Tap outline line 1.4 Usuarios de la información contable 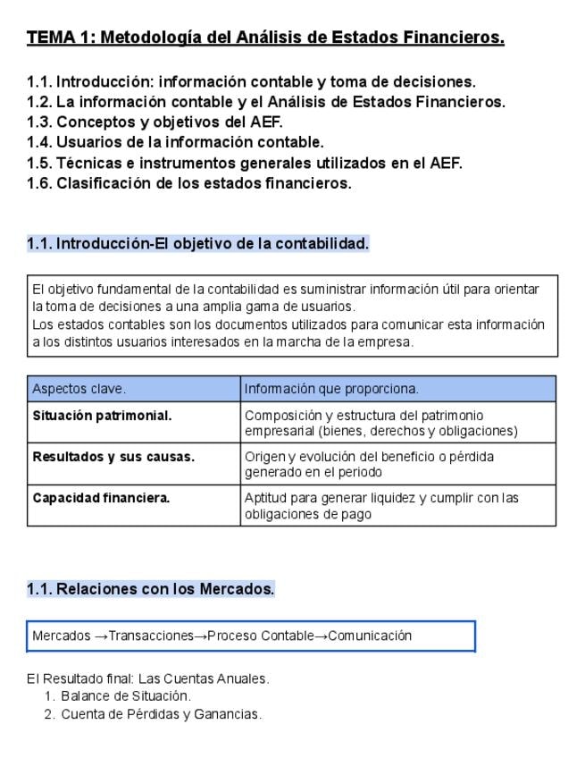[x=175, y=142]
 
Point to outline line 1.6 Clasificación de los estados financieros [x=189, y=183]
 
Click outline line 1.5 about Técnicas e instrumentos [x=245, y=163]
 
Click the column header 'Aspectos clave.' [x=79, y=389]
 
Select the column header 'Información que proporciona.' [x=331, y=389]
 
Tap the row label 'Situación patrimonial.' [x=102, y=416]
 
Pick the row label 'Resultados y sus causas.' [x=113, y=457]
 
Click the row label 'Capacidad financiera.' [x=101, y=498]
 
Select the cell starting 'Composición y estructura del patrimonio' [x=380, y=423]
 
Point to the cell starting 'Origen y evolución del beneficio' [x=369, y=464]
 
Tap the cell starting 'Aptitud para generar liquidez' [x=381, y=505]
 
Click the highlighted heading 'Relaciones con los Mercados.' [x=150, y=589]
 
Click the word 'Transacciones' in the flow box [x=151, y=636]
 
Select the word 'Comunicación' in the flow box [x=370, y=636]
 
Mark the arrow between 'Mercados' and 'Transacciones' [x=101, y=636]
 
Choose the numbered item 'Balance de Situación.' [x=126, y=695]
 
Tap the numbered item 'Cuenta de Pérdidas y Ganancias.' [x=161, y=714]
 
